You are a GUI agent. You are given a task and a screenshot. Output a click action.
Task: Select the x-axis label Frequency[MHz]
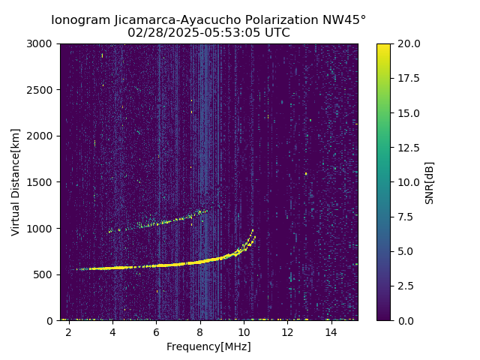(x=208, y=346)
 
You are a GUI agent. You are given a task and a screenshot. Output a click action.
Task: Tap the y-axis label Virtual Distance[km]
(x=16, y=181)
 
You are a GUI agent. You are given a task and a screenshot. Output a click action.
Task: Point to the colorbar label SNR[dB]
(x=429, y=182)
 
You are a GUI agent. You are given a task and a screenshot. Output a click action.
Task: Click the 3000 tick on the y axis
(x=42, y=43)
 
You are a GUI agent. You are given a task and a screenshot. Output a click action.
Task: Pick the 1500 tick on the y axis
(x=42, y=182)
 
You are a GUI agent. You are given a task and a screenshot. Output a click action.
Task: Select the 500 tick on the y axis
(x=45, y=274)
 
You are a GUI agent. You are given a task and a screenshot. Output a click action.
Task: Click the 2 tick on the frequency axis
(x=69, y=331)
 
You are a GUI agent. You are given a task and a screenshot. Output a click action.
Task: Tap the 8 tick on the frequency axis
(x=200, y=331)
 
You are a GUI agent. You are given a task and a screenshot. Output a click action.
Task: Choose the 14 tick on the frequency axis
(x=331, y=331)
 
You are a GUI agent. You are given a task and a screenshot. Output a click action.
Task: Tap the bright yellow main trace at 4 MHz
(x=112, y=268)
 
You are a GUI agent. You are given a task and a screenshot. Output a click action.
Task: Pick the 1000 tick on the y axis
(x=42, y=228)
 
